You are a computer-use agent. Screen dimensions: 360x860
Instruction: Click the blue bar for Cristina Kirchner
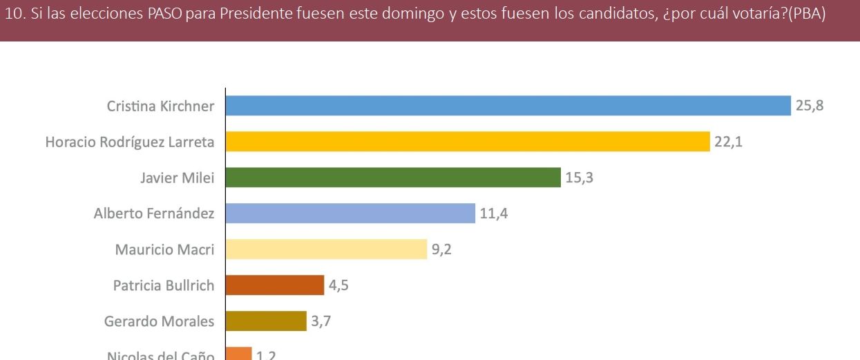tap(508, 106)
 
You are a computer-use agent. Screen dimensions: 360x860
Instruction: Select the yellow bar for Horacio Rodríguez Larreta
tap(468, 142)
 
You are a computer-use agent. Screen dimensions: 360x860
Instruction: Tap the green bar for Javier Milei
tap(393, 178)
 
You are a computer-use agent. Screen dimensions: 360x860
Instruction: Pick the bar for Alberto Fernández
tap(350, 214)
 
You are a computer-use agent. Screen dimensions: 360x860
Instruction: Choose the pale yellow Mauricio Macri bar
tap(326, 249)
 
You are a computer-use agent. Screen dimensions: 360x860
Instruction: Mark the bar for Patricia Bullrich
tap(275, 285)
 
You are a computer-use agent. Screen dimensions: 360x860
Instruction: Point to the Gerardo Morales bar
tap(266, 321)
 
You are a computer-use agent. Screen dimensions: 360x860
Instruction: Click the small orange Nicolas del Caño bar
tap(239, 354)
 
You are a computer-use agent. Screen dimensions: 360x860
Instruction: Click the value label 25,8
tap(810, 106)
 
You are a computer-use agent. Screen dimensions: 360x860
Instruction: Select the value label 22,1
tap(729, 142)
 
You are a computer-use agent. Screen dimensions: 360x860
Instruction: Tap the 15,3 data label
tap(579, 178)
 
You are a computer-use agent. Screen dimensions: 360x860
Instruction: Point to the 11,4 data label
tap(494, 214)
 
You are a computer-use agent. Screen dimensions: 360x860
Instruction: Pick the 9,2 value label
tap(442, 249)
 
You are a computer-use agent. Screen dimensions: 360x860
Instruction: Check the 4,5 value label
tap(338, 285)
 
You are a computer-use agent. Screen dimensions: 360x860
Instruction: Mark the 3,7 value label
tap(321, 321)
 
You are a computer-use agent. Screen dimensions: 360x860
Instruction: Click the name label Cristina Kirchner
tap(160, 106)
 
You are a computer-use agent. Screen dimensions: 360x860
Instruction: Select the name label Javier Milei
tap(177, 178)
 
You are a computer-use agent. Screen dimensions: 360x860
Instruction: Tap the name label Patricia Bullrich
tap(164, 285)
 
